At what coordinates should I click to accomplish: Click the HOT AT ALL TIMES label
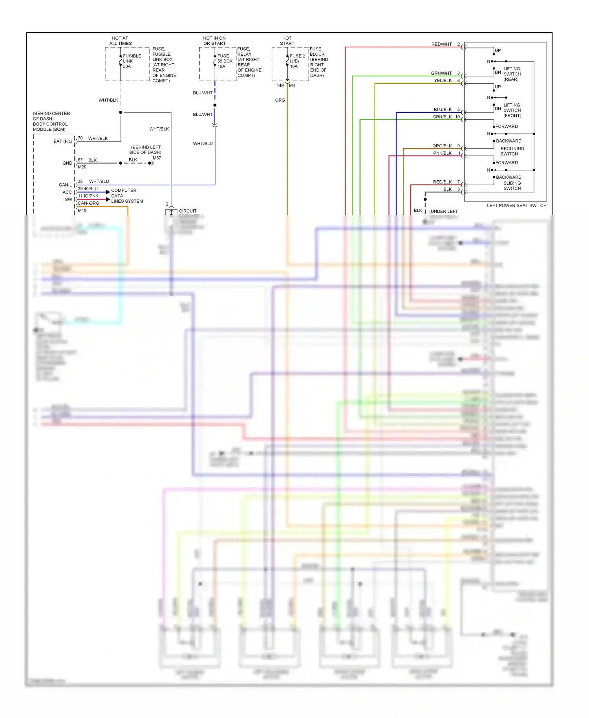(120, 41)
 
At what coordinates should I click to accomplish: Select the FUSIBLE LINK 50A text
(132, 61)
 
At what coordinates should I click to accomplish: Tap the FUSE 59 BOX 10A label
(225, 61)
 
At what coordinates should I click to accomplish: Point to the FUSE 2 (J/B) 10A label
(297, 61)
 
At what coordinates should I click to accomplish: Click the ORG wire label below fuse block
(280, 100)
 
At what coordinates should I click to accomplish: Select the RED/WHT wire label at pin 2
(441, 44)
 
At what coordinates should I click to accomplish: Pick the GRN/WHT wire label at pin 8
(441, 73)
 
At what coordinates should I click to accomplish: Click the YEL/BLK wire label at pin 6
(443, 81)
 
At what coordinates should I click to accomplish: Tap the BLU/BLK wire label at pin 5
(443, 110)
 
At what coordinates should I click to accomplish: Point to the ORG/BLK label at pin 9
(442, 146)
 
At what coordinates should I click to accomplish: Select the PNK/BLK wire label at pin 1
(442, 153)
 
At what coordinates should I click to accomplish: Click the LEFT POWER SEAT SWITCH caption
(516, 205)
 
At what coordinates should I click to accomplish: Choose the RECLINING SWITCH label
(512, 151)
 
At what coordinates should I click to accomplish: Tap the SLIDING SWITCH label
(512, 186)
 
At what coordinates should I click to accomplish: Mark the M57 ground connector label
(157, 158)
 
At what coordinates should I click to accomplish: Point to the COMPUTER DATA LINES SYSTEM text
(126, 196)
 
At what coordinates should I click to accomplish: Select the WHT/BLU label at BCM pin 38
(99, 181)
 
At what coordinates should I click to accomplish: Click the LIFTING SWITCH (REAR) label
(512, 74)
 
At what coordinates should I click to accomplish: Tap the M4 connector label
(292, 86)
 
